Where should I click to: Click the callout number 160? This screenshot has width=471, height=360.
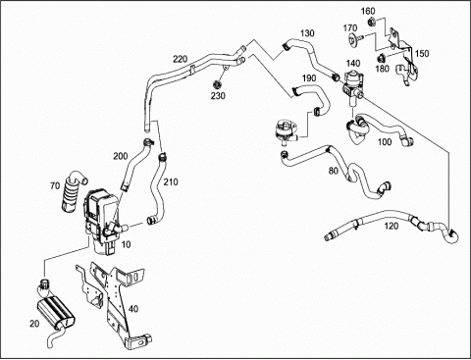tap(368, 11)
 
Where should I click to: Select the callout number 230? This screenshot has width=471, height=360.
tap(218, 96)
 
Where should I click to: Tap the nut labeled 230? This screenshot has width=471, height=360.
tap(217, 84)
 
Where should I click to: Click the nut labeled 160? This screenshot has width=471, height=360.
tap(371, 22)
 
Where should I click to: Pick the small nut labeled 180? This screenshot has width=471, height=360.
tap(381, 59)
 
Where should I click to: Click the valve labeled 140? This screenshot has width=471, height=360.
tap(352, 86)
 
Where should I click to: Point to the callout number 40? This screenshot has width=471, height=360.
tap(133, 308)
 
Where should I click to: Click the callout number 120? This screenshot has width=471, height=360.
tap(391, 226)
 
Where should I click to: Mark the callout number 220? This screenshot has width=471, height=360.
tap(181, 59)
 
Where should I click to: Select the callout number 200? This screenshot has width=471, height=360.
tap(121, 156)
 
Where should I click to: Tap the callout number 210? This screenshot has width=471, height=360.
tap(171, 181)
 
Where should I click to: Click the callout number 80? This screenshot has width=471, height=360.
tap(334, 171)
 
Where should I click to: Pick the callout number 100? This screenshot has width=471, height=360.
tap(385, 141)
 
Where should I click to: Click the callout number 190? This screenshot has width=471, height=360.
tap(309, 78)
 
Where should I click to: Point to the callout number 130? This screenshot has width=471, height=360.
tap(307, 33)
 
